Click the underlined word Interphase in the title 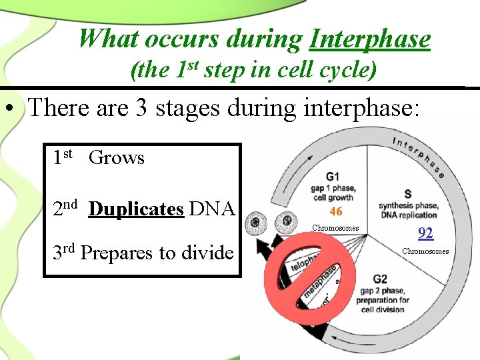(370, 39)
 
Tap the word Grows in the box (117, 158)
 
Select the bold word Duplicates (136, 209)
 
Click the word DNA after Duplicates (212, 209)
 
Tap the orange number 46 (336, 211)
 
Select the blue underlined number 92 (425, 233)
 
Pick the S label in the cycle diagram (408, 194)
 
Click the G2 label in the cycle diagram (380, 279)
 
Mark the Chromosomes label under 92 (425, 251)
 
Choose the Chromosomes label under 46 (335, 228)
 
